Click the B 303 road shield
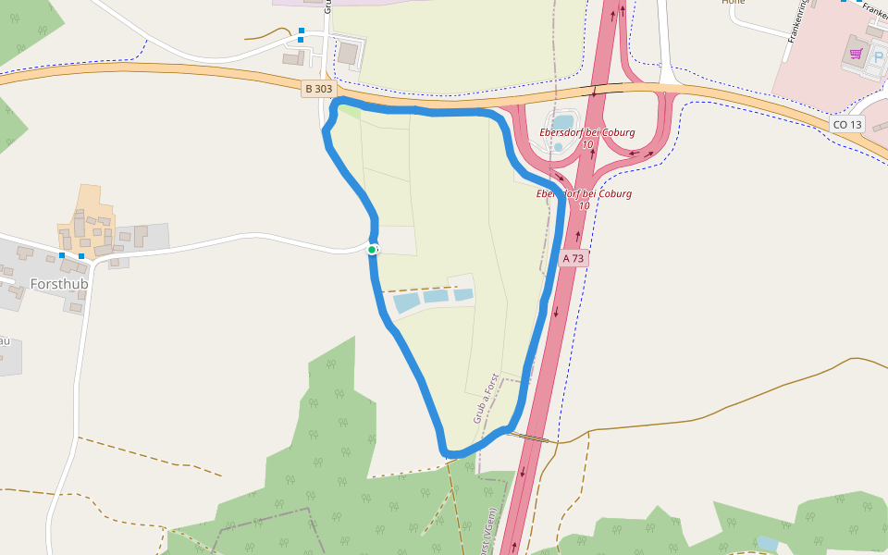coord(317,89)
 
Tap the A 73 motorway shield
coord(573,258)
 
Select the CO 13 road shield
coord(846,124)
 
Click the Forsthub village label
coord(59,284)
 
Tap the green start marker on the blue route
coord(372,250)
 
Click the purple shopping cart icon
coord(856,54)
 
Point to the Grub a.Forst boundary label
coord(486,399)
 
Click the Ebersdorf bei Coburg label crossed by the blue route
coord(584,194)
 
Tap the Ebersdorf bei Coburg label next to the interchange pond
coord(587,132)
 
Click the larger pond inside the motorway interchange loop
coord(562,122)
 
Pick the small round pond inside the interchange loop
coord(558,147)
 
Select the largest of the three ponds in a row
coord(407,302)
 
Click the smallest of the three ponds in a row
coord(463,295)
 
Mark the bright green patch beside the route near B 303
coord(350,112)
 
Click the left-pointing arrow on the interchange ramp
coord(635,154)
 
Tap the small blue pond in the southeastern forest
coord(767,543)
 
